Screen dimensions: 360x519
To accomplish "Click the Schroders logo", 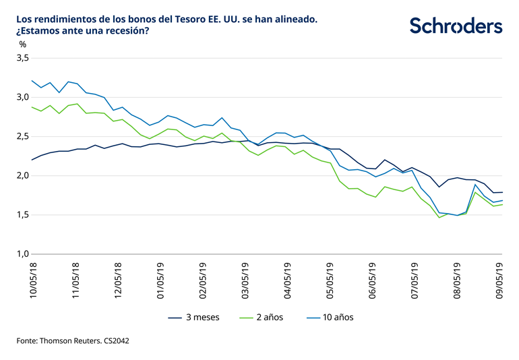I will pos(456,26).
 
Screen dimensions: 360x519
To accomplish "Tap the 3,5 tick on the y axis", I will pos(22,58).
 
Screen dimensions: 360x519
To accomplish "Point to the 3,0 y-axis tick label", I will pos(22,97).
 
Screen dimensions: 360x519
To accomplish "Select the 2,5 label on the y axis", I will pos(22,137).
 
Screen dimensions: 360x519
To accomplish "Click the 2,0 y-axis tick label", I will pos(22,176).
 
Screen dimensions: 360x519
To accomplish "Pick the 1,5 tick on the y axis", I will pos(22,215).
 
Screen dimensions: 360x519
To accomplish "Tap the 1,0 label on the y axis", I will pos(22,254).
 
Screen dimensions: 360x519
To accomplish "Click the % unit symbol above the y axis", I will pos(23,44).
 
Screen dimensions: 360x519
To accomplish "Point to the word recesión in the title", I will pos(127,32).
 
